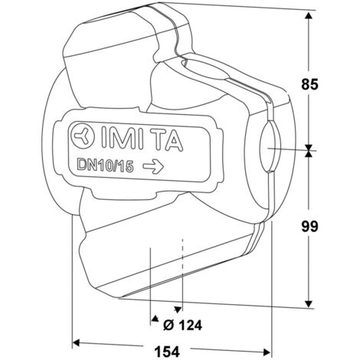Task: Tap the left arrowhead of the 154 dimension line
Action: click(77, 341)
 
